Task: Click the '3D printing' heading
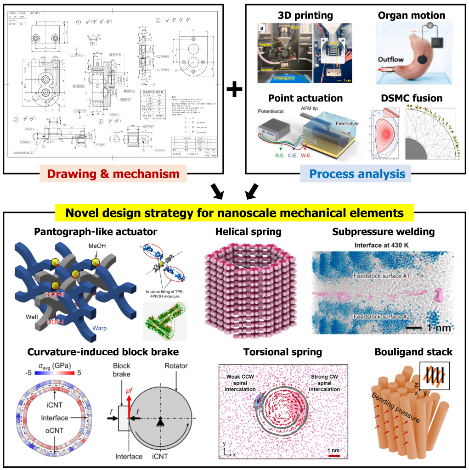point(305,15)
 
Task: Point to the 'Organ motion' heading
point(412,15)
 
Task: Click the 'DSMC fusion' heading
point(412,98)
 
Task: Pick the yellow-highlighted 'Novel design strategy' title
point(235,213)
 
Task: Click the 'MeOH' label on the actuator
point(99,247)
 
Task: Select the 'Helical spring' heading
point(249,232)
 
